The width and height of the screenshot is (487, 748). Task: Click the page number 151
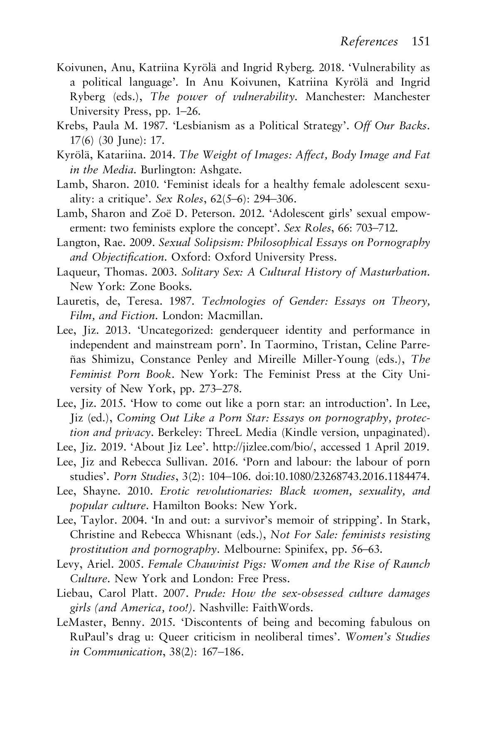tap(421, 42)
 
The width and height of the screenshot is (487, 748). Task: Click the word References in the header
tap(369, 42)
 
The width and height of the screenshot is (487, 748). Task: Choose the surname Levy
tap(67, 564)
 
